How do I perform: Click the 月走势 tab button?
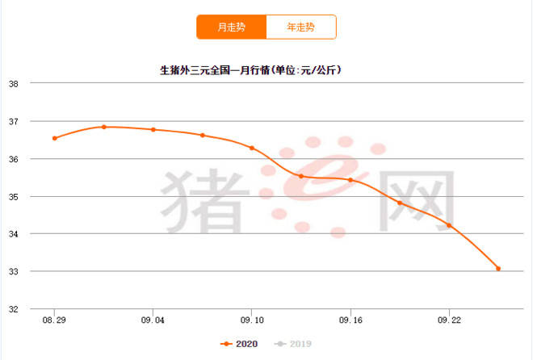[x=232, y=27]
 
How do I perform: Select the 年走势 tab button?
[x=301, y=27]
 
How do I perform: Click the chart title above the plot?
[x=251, y=70]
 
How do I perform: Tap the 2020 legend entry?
[x=239, y=344]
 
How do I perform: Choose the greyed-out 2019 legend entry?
[x=293, y=344]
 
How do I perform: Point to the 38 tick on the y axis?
[x=13, y=84]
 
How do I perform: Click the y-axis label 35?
[x=13, y=197]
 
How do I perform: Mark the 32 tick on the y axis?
[x=13, y=309]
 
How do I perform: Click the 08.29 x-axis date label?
[x=54, y=320]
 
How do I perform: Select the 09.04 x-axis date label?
[x=153, y=320]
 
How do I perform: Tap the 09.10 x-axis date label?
[x=252, y=320]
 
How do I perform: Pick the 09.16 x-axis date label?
[x=350, y=320]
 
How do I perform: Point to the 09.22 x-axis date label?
[x=449, y=320]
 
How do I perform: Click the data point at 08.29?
[x=54, y=138]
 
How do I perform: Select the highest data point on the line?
[x=104, y=127]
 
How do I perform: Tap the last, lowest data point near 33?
[x=498, y=269]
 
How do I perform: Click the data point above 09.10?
[x=252, y=148]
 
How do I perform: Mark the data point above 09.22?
[x=449, y=225]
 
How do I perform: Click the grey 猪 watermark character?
[x=205, y=202]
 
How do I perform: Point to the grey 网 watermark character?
[x=417, y=202]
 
